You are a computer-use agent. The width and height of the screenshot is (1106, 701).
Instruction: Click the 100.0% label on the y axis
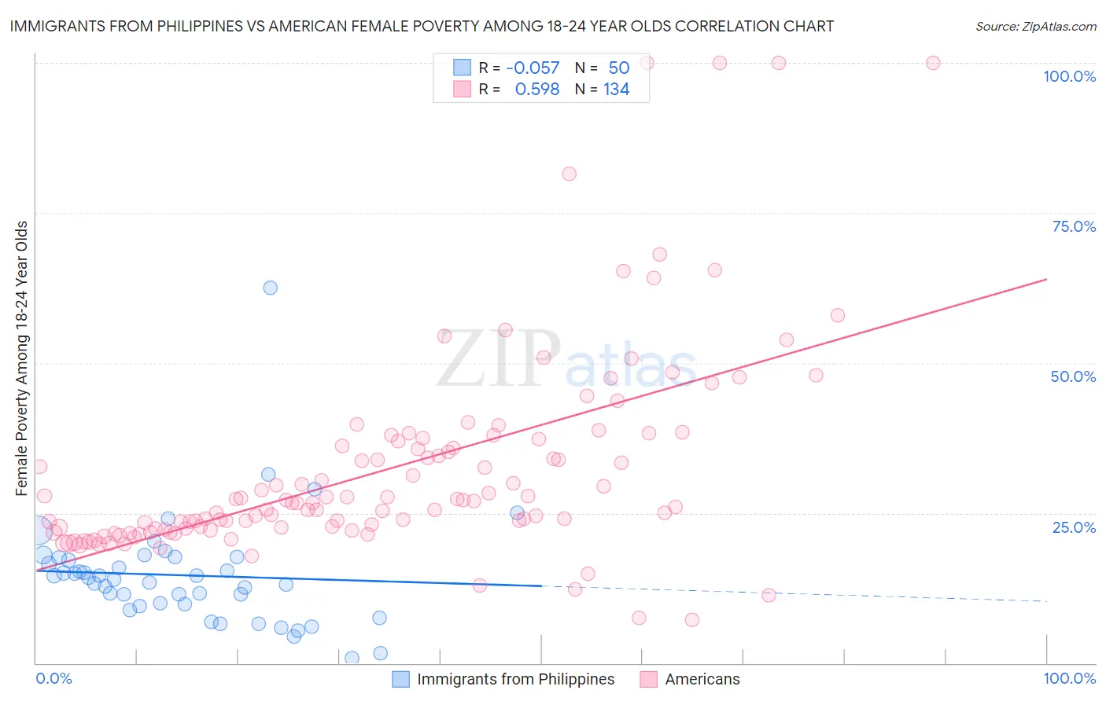(1069, 76)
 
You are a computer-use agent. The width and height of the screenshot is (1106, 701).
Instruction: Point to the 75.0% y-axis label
(1074, 226)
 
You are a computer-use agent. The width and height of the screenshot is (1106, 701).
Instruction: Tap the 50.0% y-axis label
(1073, 376)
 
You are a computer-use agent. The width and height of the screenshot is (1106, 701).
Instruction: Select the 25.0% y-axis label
(1074, 527)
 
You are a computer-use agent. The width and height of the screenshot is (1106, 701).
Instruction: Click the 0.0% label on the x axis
(53, 678)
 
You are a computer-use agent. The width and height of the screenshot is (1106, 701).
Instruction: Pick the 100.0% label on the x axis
(1069, 678)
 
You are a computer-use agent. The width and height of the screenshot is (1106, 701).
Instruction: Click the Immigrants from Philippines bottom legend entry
(515, 679)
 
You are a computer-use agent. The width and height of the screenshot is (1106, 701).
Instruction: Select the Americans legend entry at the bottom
(702, 679)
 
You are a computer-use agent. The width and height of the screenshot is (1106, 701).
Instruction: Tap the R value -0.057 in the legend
(533, 68)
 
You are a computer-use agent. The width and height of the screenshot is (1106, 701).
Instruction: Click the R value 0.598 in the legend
(536, 90)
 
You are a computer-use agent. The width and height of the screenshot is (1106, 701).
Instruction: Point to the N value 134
(616, 90)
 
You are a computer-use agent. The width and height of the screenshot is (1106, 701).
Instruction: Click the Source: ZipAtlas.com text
(1035, 26)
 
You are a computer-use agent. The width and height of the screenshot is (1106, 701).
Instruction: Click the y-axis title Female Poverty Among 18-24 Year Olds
(22, 358)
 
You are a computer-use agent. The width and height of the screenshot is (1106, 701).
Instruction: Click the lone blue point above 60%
(270, 288)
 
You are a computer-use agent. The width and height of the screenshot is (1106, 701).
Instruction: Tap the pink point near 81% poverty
(569, 174)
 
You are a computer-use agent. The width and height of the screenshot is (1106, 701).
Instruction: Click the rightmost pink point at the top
(933, 63)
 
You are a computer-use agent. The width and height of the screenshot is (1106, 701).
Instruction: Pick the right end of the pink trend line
(1046, 279)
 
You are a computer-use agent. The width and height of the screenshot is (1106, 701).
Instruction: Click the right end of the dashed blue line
(1046, 601)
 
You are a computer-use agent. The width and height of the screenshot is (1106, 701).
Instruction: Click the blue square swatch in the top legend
(462, 68)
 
